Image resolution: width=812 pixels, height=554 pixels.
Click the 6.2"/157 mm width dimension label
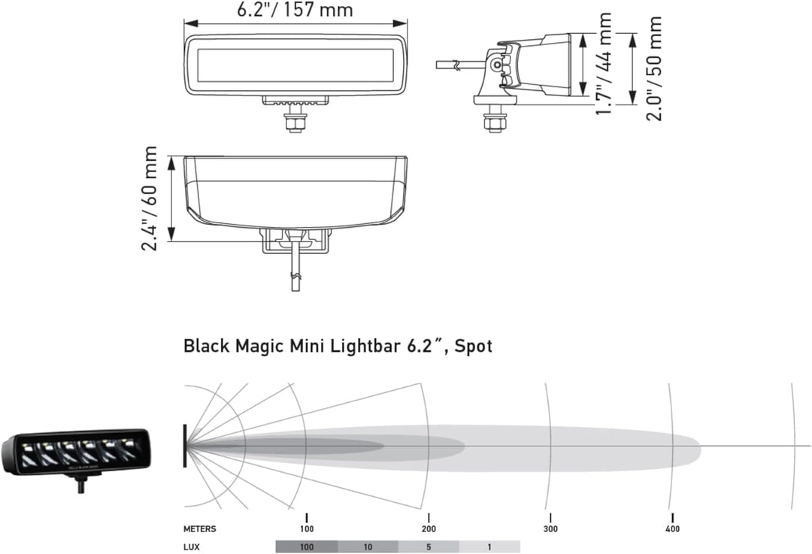(295, 10)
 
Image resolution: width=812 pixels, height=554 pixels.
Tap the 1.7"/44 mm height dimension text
(603, 64)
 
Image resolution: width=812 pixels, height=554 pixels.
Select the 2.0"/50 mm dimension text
(654, 68)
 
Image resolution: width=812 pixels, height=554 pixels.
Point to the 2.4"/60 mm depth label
(150, 198)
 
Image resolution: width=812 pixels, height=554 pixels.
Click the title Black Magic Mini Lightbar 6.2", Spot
(338, 347)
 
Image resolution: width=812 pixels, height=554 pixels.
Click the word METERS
(199, 529)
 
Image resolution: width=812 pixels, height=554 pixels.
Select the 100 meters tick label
(307, 529)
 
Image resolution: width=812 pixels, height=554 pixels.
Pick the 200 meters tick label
(429, 529)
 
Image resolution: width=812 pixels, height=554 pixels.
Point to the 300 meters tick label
(550, 529)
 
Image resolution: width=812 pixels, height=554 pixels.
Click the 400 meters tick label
(672, 529)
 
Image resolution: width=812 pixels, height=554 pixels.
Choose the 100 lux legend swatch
(307, 546)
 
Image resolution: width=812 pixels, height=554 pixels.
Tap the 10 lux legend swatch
(368, 546)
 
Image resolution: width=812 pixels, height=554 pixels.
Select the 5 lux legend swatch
(429, 546)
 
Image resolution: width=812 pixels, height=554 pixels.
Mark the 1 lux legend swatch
(489, 546)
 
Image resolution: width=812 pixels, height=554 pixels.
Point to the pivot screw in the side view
(496, 65)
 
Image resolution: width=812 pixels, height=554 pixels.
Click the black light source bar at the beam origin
(185, 446)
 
